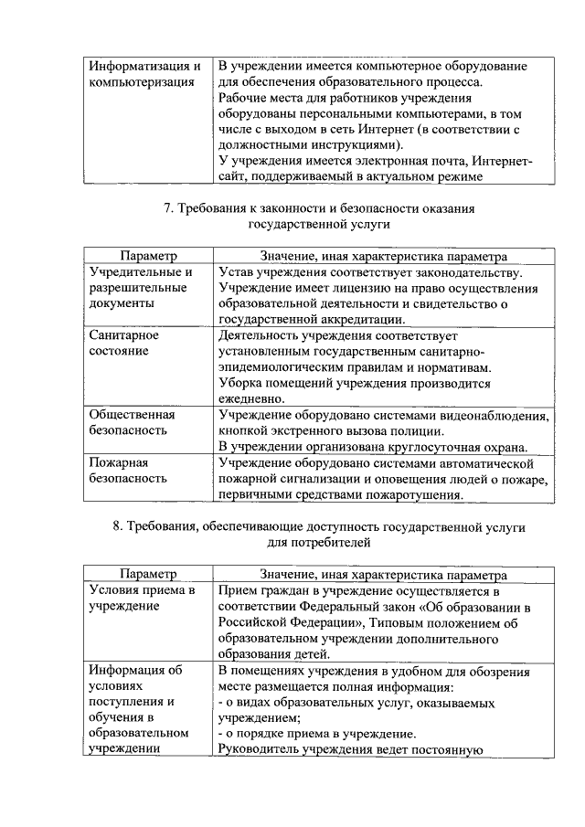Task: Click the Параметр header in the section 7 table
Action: tap(147, 257)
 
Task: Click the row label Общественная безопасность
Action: tap(133, 422)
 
